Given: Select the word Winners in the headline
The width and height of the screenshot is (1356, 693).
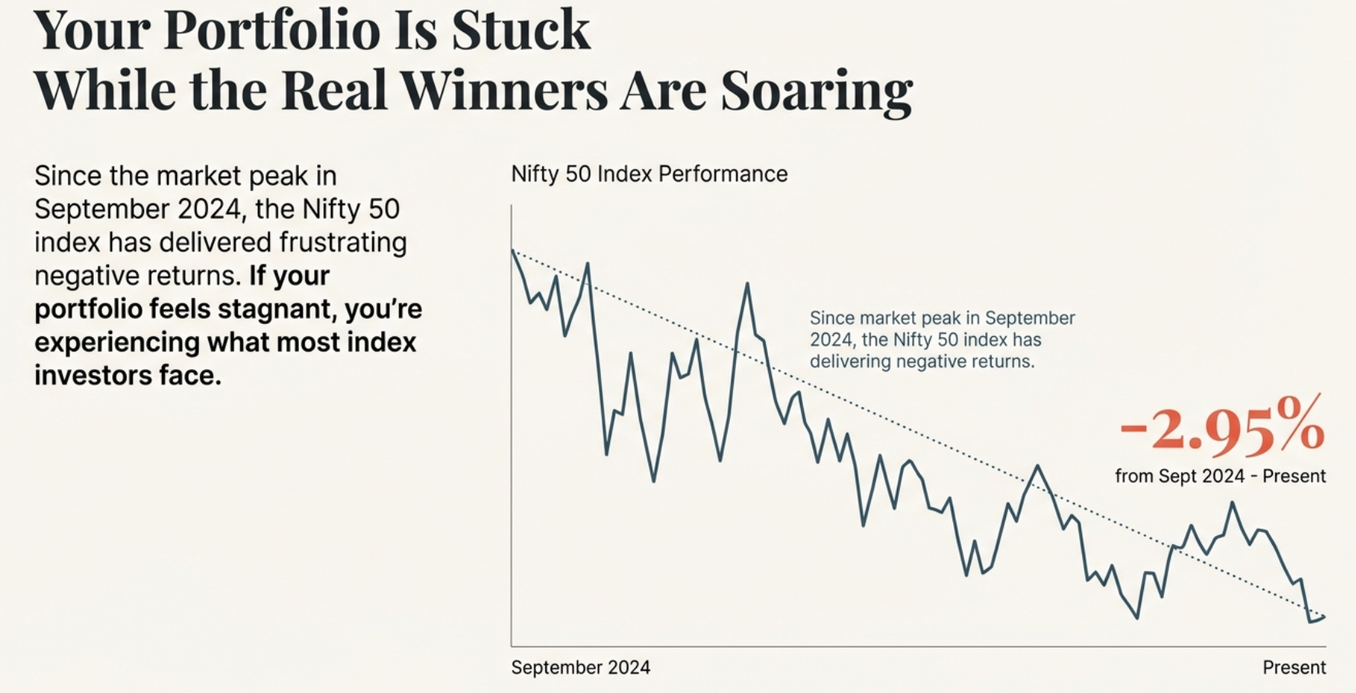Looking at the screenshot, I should [504, 90].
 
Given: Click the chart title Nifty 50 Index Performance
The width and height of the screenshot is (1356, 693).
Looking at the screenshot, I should [649, 174].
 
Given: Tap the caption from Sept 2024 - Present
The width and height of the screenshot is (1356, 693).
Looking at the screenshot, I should [1220, 476].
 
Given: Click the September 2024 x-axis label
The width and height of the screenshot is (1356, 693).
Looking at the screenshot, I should [580, 668].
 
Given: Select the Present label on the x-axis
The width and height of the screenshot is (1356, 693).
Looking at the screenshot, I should [1294, 668].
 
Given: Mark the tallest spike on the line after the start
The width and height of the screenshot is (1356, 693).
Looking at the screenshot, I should [747, 284].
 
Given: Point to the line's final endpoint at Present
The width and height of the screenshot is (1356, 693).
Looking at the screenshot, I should [1325, 617].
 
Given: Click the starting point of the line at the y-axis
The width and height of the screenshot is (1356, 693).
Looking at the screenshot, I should [513, 250].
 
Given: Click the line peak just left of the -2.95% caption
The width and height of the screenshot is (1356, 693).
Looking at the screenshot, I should [1037, 466].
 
